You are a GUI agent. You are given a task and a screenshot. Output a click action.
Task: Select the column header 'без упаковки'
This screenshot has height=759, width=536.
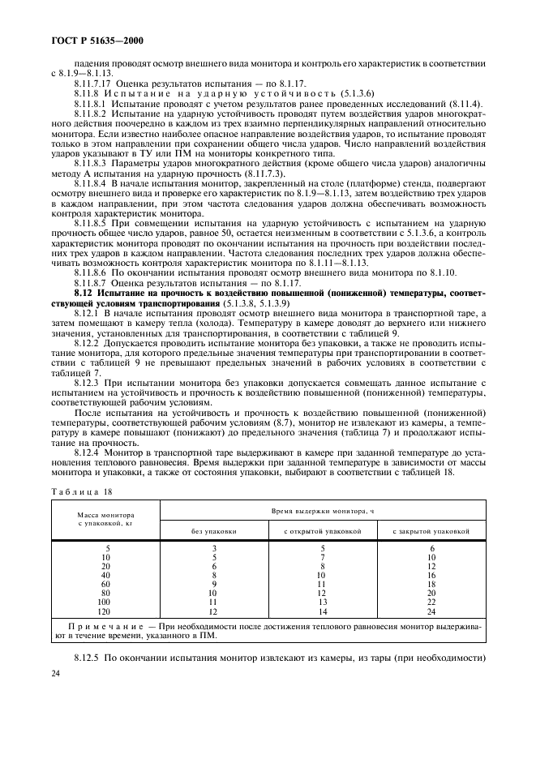(214, 531)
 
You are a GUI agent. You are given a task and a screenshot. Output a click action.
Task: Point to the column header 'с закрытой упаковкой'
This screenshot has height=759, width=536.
(431, 531)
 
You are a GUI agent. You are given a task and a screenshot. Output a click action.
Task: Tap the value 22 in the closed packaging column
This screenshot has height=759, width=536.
(431, 602)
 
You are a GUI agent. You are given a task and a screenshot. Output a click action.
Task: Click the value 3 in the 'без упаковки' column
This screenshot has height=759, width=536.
(214, 549)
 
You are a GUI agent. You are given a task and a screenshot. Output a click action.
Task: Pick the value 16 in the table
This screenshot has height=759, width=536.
(431, 576)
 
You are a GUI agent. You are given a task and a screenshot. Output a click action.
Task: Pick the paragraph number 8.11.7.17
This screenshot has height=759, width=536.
(92, 84)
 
